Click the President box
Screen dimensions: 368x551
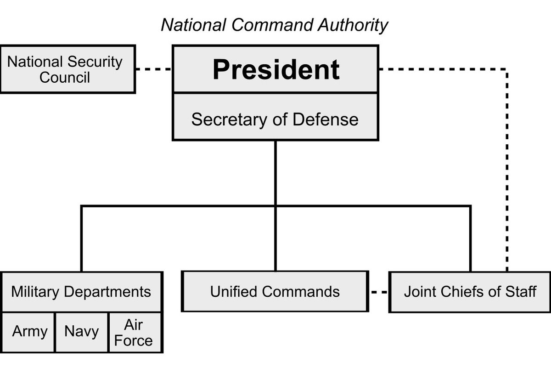275,69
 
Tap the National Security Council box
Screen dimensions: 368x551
67,69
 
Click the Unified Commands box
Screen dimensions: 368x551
275,292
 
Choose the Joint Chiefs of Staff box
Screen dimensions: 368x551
469,292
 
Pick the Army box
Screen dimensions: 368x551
29,332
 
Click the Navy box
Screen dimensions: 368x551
82,332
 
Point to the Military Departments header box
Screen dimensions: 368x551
81,292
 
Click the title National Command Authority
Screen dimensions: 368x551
275,25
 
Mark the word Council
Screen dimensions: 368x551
65,77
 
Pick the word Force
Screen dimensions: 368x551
133,341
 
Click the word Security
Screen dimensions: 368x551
95,62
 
